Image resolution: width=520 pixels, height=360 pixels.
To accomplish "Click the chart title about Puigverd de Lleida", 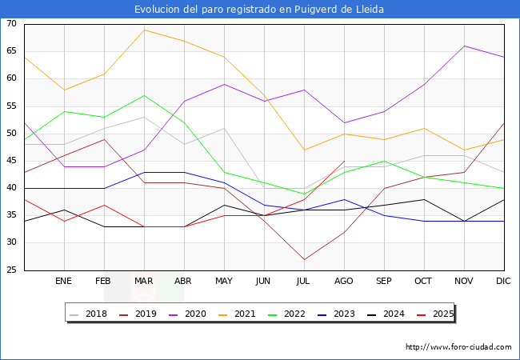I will click(x=259, y=10).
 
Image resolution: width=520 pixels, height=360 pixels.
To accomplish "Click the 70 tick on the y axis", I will click(x=12, y=24).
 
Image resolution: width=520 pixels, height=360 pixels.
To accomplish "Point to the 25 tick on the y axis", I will click(x=12, y=270).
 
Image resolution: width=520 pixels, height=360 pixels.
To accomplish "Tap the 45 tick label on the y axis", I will click(x=12, y=161).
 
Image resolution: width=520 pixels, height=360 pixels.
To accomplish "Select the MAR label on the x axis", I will click(x=144, y=282).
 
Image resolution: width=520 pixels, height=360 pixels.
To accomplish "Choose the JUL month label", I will click(x=304, y=282).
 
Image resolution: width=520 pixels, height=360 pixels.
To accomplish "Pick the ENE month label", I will click(x=64, y=282).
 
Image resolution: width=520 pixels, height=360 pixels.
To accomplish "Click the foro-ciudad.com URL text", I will click(x=458, y=347).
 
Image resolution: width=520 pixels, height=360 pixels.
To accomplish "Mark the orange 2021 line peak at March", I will click(x=144, y=30).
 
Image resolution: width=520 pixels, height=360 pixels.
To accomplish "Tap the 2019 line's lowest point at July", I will click(x=304, y=259).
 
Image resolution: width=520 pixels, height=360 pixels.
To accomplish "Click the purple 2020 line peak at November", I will click(x=464, y=46).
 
